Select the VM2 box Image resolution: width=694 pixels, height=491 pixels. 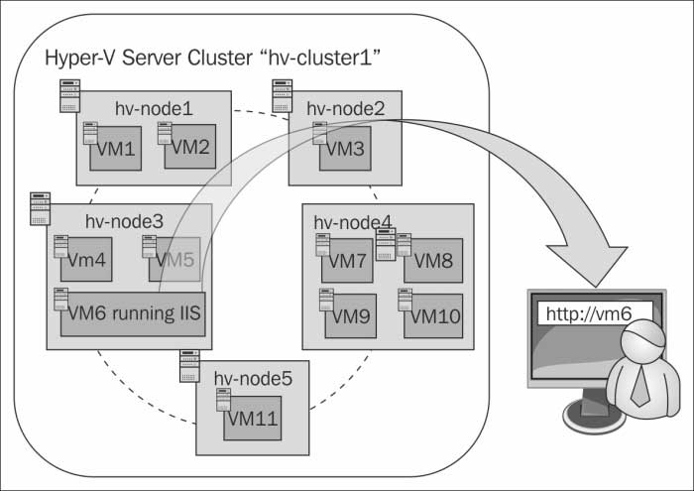tap(189, 147)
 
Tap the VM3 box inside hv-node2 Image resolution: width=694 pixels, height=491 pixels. tap(344, 149)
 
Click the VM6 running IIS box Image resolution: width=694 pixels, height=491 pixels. tap(132, 313)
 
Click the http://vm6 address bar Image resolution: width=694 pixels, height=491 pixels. tap(594, 313)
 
